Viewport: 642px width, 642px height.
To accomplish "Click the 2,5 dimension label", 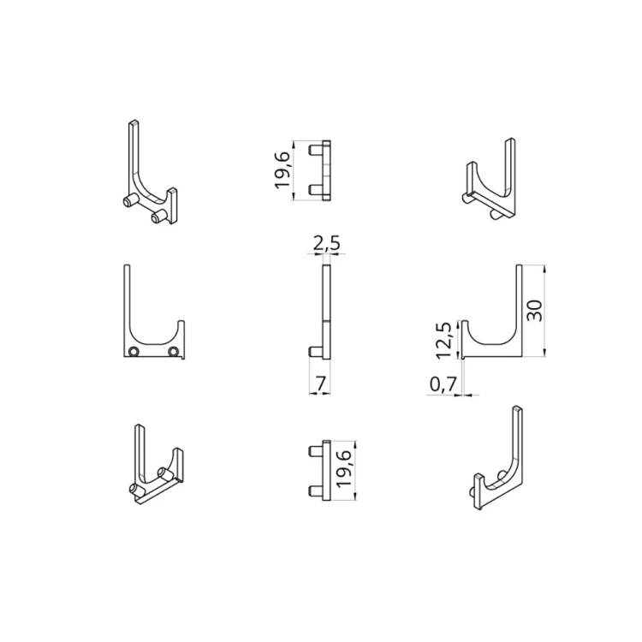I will tap(327, 244).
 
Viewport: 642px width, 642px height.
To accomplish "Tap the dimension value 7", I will tap(320, 384).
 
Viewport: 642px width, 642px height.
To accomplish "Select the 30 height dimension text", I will tap(535, 310).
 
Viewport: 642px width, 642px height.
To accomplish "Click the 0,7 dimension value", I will tap(442, 387).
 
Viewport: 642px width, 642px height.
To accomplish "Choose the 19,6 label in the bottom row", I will tap(343, 470).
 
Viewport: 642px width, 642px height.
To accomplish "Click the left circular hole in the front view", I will tap(134, 352).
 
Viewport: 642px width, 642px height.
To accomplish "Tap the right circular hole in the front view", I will tap(174, 352).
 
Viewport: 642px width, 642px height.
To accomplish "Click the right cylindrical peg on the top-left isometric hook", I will tap(157, 219).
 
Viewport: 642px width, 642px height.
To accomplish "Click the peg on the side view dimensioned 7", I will tap(315, 350).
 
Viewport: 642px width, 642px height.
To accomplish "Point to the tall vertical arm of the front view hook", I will tap(128, 300).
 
